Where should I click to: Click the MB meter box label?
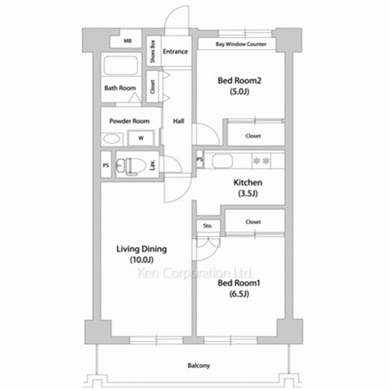(128, 41)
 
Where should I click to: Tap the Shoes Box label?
(153, 51)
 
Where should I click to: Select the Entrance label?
(175, 51)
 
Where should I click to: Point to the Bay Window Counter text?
(241, 44)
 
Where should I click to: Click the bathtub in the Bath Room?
(121, 66)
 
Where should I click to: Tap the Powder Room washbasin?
(112, 139)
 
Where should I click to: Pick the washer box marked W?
(141, 138)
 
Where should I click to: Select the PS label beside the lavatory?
(106, 165)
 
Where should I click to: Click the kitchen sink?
(222, 161)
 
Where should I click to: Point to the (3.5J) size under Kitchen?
(248, 193)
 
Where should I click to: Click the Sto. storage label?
(208, 225)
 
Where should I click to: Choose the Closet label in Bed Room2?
(253, 136)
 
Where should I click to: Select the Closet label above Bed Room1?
(253, 222)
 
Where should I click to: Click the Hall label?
(179, 121)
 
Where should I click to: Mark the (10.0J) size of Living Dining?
(142, 260)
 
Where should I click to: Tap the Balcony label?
(199, 365)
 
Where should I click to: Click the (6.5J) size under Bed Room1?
(239, 294)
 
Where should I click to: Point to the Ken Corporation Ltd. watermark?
(195, 273)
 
